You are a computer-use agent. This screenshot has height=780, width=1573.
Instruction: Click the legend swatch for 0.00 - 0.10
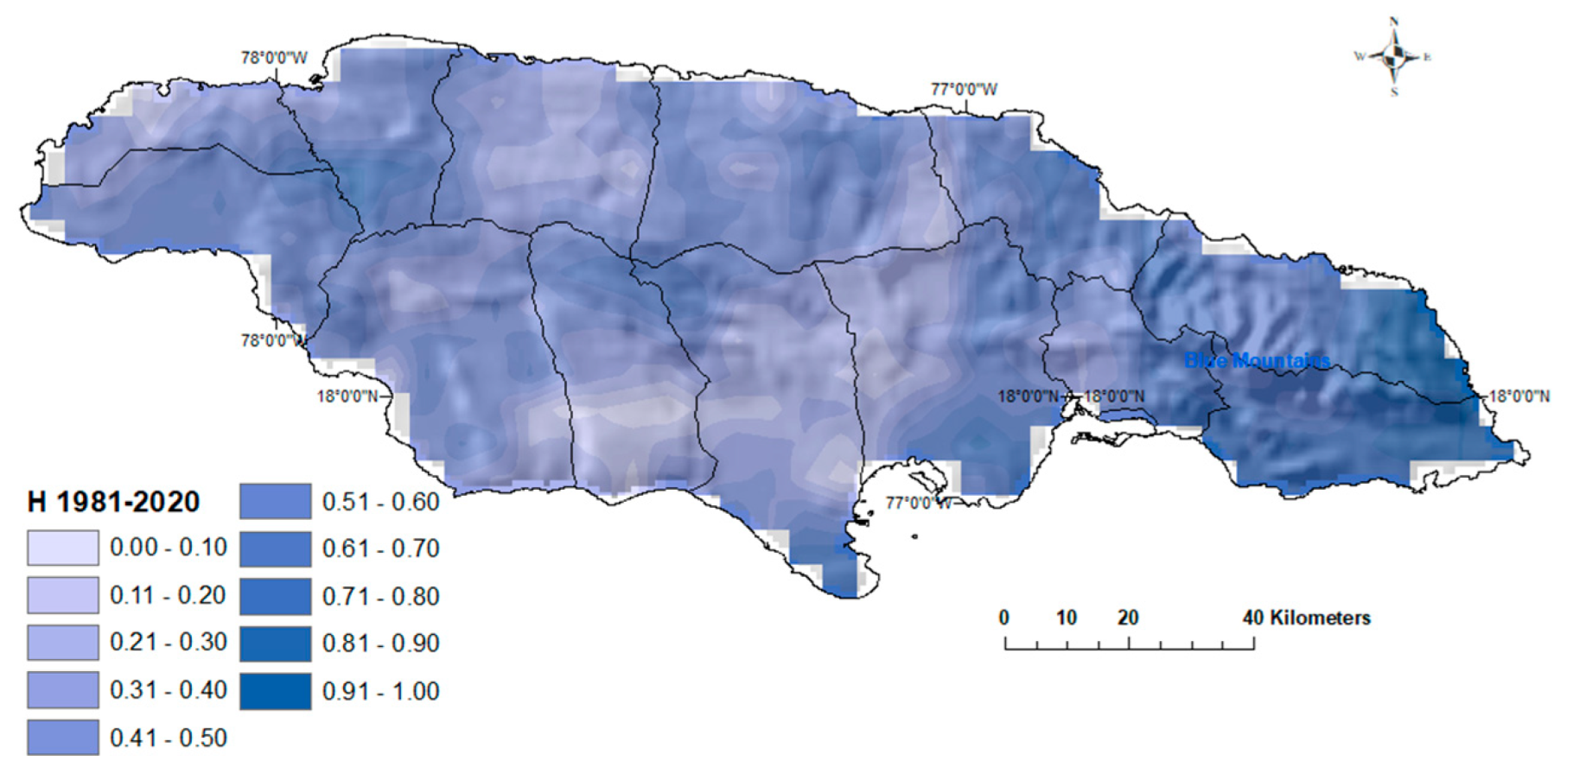62,548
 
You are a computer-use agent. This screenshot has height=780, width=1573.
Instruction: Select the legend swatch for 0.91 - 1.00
275,691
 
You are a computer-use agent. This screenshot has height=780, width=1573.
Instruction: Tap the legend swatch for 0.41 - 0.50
62,738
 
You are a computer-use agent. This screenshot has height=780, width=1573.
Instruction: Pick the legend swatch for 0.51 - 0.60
275,501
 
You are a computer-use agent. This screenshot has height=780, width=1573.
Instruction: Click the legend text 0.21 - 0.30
168,643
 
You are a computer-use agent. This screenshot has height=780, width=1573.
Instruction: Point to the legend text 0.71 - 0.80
380,596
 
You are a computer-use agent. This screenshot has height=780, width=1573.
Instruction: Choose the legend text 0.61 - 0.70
380,549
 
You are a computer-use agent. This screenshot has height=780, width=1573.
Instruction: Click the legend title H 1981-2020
114,502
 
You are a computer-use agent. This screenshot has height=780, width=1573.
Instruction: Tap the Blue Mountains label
1257,360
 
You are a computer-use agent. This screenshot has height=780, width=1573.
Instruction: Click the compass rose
1393,57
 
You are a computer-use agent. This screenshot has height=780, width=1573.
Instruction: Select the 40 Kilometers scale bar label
1306,618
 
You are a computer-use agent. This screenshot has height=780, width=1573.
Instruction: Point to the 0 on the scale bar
1003,618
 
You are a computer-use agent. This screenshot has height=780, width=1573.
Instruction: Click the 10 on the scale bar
1066,618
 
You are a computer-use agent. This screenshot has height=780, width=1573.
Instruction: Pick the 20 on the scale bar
1128,618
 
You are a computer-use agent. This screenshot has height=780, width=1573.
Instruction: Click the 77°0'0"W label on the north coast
964,89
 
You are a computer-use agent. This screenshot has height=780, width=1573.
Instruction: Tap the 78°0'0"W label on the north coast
274,58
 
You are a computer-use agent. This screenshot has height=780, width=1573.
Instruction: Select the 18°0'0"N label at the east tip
1519,396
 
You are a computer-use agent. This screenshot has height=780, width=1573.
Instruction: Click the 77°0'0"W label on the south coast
918,503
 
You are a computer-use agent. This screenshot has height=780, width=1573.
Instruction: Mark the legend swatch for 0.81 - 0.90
275,644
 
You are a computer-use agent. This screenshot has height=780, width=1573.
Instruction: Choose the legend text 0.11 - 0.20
168,595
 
